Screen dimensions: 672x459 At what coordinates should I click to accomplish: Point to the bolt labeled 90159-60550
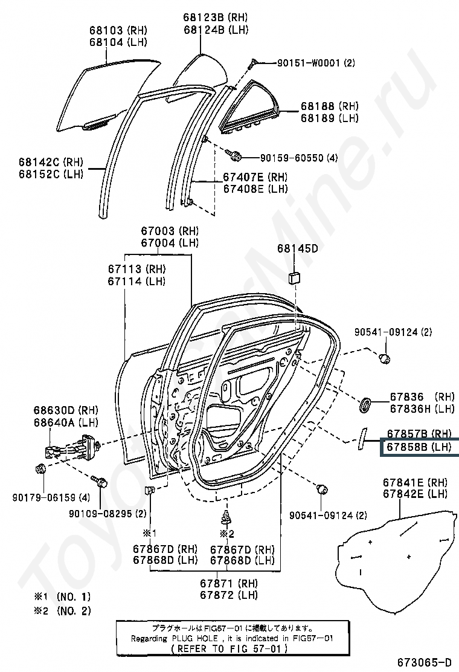coord(236,157)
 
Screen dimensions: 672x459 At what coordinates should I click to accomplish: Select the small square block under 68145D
coord(294,277)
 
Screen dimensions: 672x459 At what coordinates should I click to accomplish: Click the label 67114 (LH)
coord(136,281)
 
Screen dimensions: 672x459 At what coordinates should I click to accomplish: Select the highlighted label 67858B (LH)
coord(419,447)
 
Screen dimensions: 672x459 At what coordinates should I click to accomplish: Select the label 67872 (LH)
coord(229,595)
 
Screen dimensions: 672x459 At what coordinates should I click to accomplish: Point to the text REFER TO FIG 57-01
coord(233,648)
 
